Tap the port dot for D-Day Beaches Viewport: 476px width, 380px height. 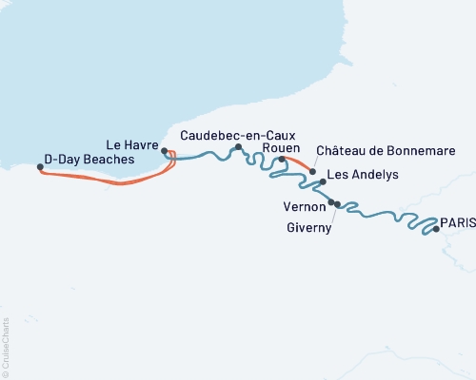(40, 167)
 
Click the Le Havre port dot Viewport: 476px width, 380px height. (165, 151)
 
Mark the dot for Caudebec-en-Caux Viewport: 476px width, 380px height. (239, 147)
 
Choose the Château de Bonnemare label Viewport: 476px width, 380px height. (385, 151)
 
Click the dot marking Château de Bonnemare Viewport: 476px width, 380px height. (312, 172)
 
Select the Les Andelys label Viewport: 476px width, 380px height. (362, 176)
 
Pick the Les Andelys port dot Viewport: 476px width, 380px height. (323, 180)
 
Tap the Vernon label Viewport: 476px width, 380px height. (304, 204)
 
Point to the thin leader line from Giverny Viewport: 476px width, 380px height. (333, 214)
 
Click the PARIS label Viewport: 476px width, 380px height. (458, 219)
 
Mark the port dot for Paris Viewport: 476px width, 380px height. (436, 229)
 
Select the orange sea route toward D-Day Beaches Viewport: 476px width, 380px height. (105, 180)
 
